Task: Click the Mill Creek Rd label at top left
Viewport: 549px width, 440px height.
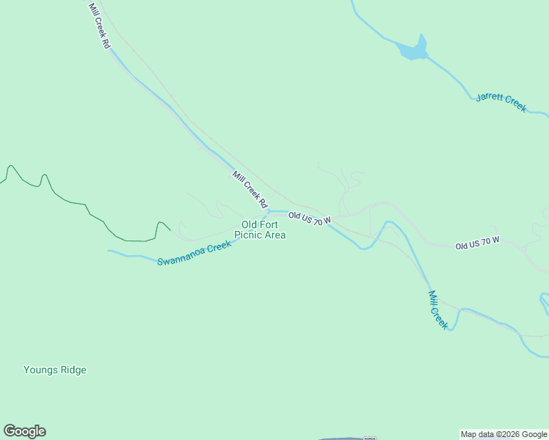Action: coord(98,26)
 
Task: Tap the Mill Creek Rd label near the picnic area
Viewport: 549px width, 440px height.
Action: coord(250,188)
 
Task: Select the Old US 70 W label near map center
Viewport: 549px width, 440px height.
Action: coord(310,219)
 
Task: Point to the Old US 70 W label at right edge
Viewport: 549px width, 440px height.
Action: coord(477,243)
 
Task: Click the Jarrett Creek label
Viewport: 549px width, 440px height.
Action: coord(501,102)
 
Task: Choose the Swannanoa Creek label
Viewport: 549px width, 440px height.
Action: coord(194,253)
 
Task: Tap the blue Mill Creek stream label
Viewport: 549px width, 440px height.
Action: coord(437,309)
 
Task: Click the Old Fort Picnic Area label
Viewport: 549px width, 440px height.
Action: coord(260,230)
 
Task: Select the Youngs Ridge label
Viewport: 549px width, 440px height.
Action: coord(55,370)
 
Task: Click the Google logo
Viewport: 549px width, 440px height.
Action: coord(24,431)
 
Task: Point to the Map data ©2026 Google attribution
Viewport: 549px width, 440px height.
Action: coord(503,434)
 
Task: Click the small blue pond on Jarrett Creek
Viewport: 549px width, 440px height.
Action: coord(412,49)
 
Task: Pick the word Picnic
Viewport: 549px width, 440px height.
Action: coord(247,235)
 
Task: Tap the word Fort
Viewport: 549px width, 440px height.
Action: coord(268,224)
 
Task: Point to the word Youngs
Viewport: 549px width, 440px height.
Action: coord(40,370)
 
